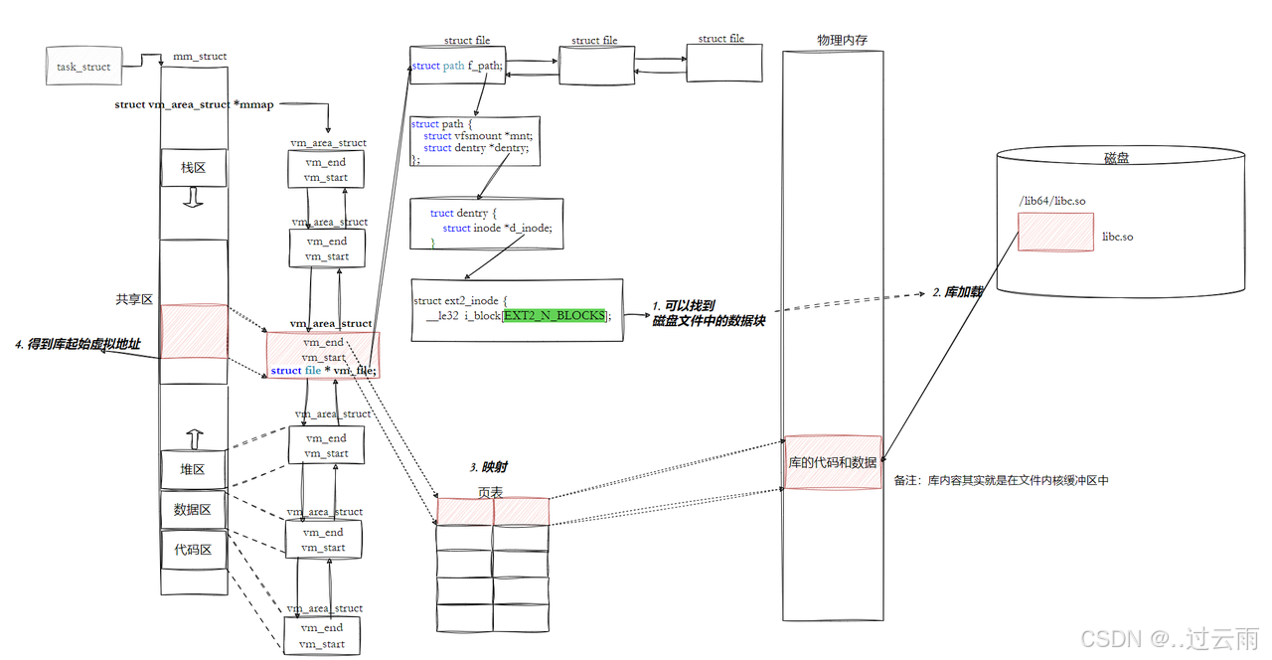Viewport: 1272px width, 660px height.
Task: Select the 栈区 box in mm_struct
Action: pos(193,167)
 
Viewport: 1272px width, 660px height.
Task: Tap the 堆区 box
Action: pos(193,469)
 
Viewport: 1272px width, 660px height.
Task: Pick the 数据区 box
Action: pos(193,510)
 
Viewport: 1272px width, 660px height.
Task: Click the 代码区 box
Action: pos(193,550)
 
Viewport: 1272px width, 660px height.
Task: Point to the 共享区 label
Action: pos(133,299)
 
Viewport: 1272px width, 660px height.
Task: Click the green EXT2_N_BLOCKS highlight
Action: pos(555,315)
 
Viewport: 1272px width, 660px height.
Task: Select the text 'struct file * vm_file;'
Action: pos(323,371)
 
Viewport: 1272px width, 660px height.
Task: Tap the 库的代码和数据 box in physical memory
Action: pos(833,462)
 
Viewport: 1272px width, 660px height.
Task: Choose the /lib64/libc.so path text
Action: pos(1051,201)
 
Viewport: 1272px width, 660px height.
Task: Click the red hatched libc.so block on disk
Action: pos(1054,232)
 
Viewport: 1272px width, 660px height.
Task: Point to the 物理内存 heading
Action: pos(843,40)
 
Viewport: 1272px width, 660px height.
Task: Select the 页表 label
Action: pos(490,492)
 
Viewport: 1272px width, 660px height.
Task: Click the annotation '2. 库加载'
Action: pos(957,292)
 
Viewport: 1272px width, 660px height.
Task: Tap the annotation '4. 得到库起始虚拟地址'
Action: pos(78,344)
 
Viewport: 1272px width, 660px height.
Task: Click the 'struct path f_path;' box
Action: pos(458,66)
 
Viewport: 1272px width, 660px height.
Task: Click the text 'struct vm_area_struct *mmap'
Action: pos(194,104)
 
